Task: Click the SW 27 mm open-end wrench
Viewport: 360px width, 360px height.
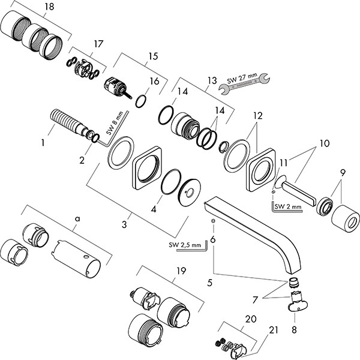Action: coord(244,83)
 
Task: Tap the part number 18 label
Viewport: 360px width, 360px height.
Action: coord(49,7)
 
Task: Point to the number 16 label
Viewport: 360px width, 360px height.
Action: coord(154,81)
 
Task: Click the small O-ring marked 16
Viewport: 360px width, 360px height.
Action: coord(141,101)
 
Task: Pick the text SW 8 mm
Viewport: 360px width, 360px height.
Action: coord(115,123)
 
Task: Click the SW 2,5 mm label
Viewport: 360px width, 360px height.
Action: coord(185,245)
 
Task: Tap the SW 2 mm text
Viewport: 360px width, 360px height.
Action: coord(288,206)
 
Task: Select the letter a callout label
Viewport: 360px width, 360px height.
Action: coord(78,219)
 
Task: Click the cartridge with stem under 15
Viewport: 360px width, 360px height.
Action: coord(118,88)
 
